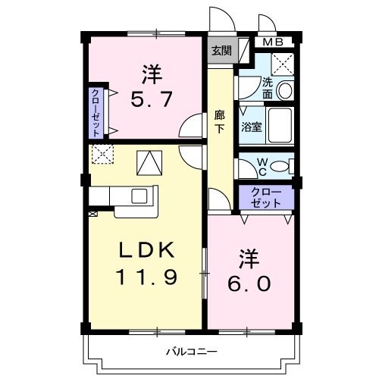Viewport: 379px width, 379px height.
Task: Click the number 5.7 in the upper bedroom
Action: (x=149, y=99)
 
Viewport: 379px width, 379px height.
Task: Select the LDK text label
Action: (x=149, y=251)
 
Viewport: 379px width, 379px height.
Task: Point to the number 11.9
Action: (x=147, y=277)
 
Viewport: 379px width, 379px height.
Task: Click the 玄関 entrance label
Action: (x=221, y=52)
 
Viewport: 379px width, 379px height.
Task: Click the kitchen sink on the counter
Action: (x=139, y=195)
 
